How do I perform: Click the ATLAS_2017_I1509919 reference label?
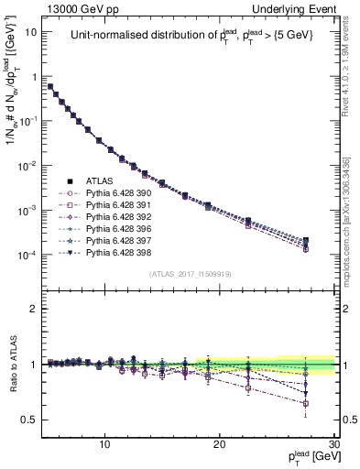[190, 273]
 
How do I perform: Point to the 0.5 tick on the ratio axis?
[30, 420]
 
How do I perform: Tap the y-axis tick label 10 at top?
[31, 32]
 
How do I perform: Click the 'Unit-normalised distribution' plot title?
[188, 37]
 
